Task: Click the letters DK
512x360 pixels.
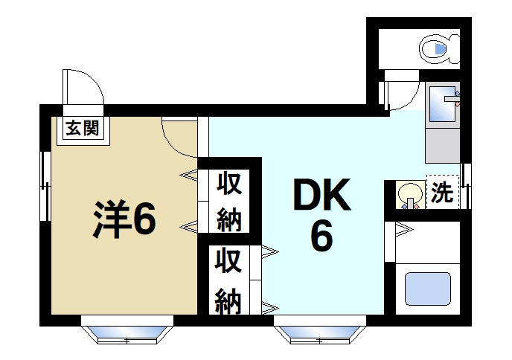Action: [x=321, y=198]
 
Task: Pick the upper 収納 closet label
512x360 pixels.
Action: [x=229, y=200]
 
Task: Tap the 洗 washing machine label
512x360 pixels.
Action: [x=442, y=194]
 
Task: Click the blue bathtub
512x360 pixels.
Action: [x=426, y=289]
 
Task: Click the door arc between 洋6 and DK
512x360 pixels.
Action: [x=181, y=138]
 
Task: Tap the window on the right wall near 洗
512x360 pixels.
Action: [x=465, y=178]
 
